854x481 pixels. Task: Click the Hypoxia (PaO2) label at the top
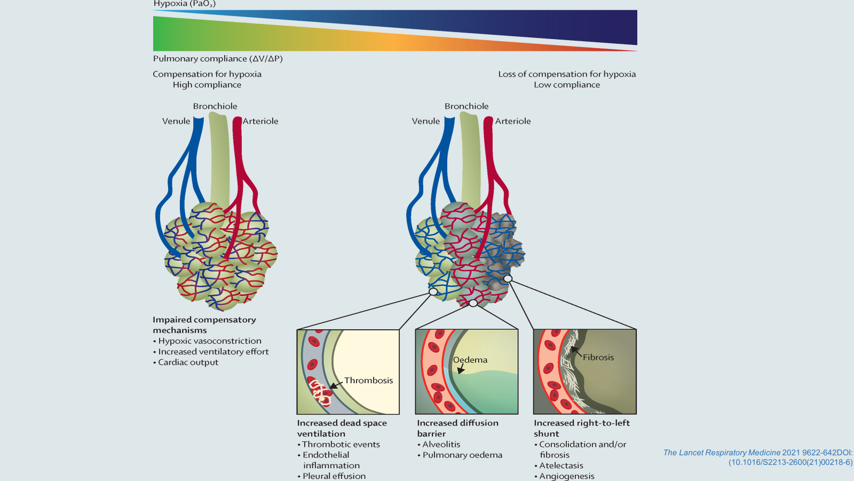click(184, 4)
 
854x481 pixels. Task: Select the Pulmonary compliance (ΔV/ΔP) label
click(218, 59)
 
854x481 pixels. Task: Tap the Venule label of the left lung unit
click(176, 121)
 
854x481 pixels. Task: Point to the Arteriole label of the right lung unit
click(513, 121)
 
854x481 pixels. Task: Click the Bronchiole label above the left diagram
click(215, 106)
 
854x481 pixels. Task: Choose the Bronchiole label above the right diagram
click(466, 106)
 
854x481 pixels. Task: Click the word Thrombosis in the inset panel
click(368, 381)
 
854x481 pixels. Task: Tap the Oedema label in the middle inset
click(470, 360)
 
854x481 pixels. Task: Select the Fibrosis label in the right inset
click(598, 358)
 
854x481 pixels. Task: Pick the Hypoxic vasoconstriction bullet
click(210, 341)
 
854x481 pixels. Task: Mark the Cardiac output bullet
click(188, 362)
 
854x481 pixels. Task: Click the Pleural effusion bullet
click(334, 476)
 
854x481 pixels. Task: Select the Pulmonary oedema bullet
click(462, 455)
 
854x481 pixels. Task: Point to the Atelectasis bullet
click(561, 466)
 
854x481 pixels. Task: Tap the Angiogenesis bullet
click(566, 476)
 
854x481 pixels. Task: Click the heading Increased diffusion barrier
click(457, 428)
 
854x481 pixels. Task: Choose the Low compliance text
click(567, 85)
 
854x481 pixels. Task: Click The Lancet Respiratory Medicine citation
click(758, 457)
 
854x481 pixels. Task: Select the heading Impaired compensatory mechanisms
click(204, 325)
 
